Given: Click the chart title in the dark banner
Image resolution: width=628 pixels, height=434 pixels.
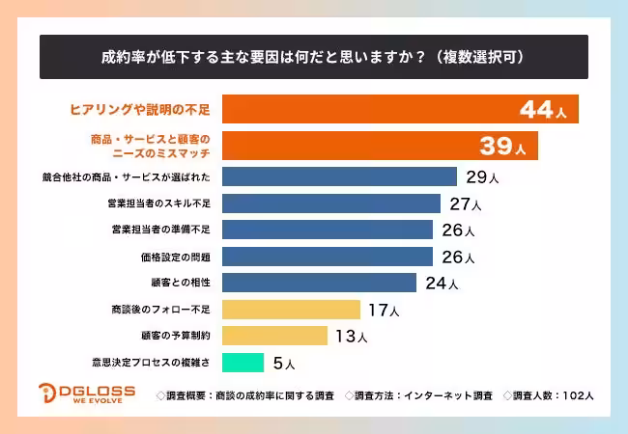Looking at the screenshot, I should pyautogui.click(x=313, y=57).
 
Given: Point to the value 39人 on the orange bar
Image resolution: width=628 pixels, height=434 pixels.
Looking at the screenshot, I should pyautogui.click(x=503, y=146).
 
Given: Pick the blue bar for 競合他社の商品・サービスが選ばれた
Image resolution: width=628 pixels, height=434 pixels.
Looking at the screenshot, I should pyautogui.click(x=339, y=176).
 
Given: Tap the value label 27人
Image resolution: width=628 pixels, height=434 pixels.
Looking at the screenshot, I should pyautogui.click(x=466, y=204).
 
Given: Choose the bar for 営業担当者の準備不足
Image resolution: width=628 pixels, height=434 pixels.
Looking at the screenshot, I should pyautogui.click(x=328, y=230).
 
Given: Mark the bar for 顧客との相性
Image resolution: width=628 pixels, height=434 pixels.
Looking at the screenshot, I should pyautogui.click(x=319, y=283).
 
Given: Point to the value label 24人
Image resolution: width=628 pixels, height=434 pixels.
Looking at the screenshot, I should pyautogui.click(x=441, y=284).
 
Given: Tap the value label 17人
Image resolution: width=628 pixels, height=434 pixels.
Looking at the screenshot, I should pyautogui.click(x=382, y=311).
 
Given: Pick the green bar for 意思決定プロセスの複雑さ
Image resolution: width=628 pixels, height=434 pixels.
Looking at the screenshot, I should pyautogui.click(x=243, y=363).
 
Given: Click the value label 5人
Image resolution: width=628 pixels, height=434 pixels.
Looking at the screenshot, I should pyautogui.click(x=284, y=364).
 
